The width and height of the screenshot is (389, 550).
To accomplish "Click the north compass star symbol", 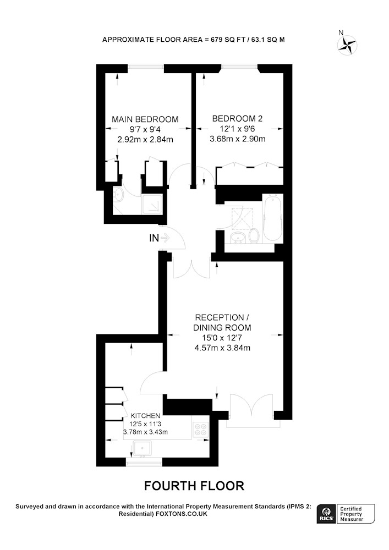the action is (347, 45).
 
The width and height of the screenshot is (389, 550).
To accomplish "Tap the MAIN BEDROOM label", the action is (145, 119).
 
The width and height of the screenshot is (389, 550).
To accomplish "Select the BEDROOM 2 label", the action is (237, 119).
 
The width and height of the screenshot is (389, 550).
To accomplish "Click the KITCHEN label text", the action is (145, 416).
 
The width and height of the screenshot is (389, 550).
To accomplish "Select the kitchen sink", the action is (142, 449).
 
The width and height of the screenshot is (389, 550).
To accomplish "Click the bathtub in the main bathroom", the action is (272, 217).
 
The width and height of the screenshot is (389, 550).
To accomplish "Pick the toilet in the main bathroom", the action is (254, 235).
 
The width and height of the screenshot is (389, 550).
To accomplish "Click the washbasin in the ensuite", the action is (118, 194).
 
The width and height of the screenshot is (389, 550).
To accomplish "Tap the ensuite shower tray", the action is (152, 205).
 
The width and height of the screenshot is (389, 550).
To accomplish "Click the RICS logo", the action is (327, 514).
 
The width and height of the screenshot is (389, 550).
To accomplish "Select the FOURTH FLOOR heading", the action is (194, 486).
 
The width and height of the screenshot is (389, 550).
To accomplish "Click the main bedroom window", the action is (146, 67).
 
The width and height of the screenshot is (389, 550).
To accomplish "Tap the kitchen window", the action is (145, 463).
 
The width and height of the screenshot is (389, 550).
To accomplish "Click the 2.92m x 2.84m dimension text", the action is (145, 139).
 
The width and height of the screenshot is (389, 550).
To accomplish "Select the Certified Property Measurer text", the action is (351, 514).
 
